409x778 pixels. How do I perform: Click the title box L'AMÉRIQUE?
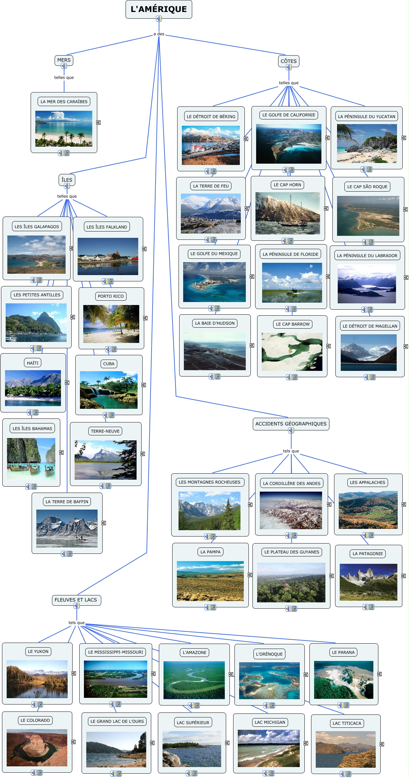(x=159, y=9)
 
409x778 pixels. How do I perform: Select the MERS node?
(x=64, y=60)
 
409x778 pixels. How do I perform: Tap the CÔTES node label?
(x=288, y=61)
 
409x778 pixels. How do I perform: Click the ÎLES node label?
(x=67, y=180)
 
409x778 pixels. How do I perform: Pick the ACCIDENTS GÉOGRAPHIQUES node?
(x=291, y=424)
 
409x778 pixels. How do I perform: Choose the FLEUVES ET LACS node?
(x=76, y=600)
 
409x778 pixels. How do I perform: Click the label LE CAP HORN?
(x=287, y=185)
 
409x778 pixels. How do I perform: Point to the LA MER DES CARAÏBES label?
(x=64, y=101)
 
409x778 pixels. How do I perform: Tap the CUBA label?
(x=109, y=364)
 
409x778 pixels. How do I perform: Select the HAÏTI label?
(x=33, y=363)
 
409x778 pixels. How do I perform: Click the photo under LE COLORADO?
(x=37, y=747)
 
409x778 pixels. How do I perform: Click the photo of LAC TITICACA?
(x=345, y=749)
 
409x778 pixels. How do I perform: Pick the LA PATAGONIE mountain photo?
(x=368, y=582)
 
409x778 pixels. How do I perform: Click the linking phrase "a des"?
(x=159, y=34)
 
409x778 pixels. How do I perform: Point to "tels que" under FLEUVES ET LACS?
(x=77, y=623)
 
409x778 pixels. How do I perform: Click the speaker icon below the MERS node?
(x=64, y=66)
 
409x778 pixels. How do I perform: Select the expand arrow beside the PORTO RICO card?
(x=145, y=318)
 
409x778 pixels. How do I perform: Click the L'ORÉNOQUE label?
(x=269, y=654)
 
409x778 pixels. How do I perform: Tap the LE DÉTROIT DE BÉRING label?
(x=211, y=116)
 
